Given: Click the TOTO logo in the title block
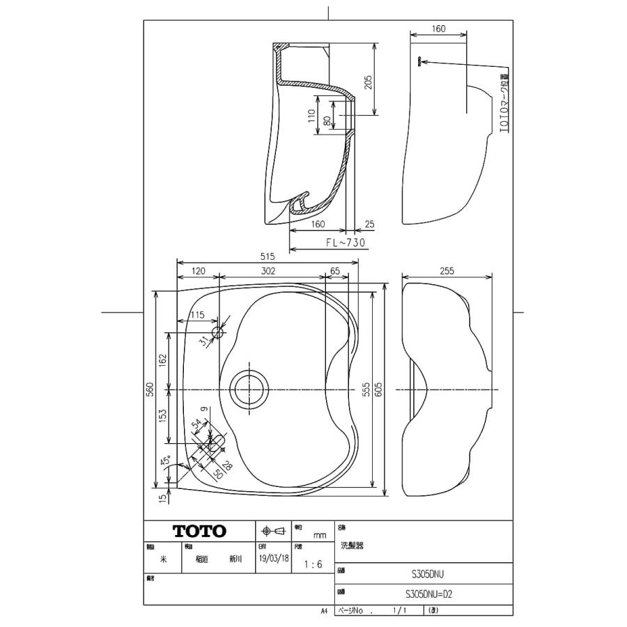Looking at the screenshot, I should pyautogui.click(x=199, y=532).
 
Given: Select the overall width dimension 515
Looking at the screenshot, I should pyautogui.click(x=266, y=256).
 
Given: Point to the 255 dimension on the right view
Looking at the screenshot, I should pyautogui.click(x=447, y=270).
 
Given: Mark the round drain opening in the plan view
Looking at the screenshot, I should pyautogui.click(x=249, y=388).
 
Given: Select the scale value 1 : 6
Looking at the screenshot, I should pyautogui.click(x=313, y=565).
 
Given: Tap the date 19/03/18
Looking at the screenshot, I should pyautogui.click(x=273, y=559).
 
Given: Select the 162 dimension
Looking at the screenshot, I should pyautogui.click(x=163, y=360).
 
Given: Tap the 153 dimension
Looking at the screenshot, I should pyautogui.click(x=163, y=416).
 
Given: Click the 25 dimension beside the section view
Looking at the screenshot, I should pyautogui.click(x=369, y=224).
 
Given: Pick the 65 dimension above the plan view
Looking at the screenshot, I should pyautogui.click(x=336, y=270).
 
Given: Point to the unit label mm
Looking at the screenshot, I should pyautogui.click(x=320, y=535).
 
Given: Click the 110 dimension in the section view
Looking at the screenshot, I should pyautogui.click(x=311, y=114).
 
